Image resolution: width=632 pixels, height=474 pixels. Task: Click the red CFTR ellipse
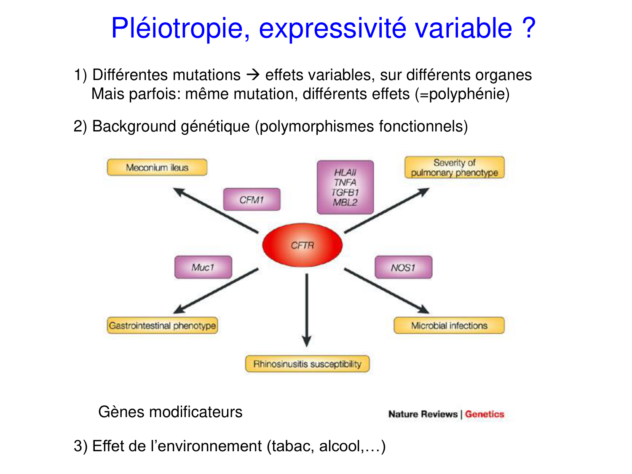click(x=303, y=245)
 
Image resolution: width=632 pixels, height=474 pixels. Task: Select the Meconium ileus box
click(x=157, y=167)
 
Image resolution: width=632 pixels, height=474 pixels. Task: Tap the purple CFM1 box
click(x=252, y=199)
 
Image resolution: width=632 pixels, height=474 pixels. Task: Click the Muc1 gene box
click(x=203, y=267)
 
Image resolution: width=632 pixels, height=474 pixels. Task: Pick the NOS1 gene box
click(x=403, y=267)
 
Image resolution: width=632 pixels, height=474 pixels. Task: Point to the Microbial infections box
click(x=449, y=326)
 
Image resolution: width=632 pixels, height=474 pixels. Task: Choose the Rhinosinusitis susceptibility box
click(x=307, y=364)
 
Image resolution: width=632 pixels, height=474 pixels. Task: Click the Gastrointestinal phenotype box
click(x=162, y=326)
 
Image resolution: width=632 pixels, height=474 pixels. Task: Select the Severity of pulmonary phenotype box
click(x=455, y=168)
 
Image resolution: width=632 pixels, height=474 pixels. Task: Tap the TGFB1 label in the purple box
click(x=345, y=192)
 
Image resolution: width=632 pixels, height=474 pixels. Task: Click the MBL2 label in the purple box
click(x=345, y=202)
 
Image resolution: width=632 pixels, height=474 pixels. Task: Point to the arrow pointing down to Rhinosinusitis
click(x=307, y=310)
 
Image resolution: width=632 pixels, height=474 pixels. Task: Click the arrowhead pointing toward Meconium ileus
click(x=179, y=192)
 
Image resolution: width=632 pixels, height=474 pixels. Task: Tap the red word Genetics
click(x=485, y=414)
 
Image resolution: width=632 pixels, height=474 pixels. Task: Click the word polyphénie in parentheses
click(x=467, y=94)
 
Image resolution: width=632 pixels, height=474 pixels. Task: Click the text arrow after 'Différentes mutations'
click(x=253, y=75)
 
